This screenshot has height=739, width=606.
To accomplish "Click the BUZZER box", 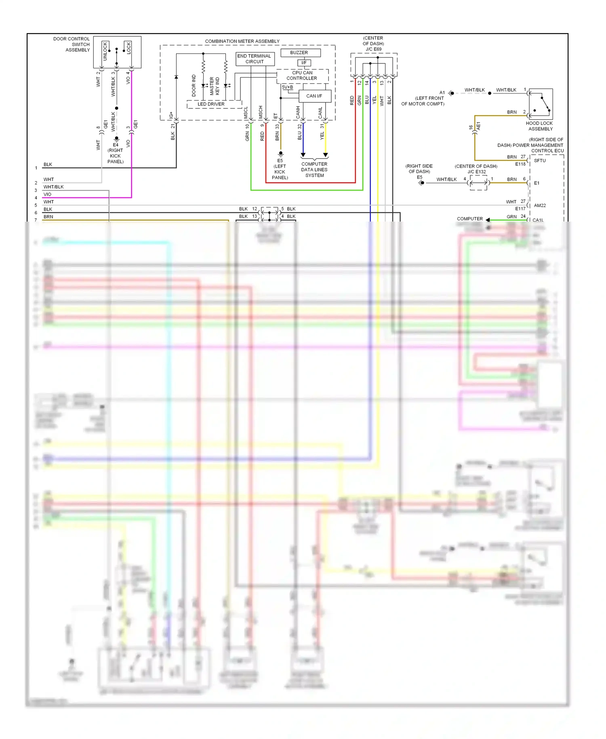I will click(299, 53).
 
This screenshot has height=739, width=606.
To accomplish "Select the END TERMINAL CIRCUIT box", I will click(255, 59).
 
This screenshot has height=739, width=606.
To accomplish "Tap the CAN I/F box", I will click(314, 96).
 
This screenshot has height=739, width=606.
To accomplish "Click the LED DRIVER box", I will click(211, 104).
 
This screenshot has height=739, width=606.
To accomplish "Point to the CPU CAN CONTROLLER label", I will click(302, 76).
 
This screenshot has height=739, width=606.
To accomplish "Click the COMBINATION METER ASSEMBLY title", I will click(242, 41).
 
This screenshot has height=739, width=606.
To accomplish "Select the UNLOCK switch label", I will click(105, 51).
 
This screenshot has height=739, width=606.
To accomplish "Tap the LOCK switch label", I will click(128, 48).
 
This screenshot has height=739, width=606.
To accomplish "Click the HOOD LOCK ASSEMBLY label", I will click(540, 126).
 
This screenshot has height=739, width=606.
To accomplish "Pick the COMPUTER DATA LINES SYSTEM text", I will click(314, 170).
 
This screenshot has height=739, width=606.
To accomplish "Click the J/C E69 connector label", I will click(373, 49).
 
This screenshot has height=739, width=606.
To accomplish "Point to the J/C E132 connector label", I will click(477, 172).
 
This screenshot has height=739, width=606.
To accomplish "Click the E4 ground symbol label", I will click(116, 145).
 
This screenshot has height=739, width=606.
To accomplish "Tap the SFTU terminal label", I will click(540, 160).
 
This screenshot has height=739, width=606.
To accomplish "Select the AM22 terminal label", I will click(540, 205).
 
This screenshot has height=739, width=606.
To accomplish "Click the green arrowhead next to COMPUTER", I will click(488, 220).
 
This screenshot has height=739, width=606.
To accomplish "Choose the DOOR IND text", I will click(194, 85).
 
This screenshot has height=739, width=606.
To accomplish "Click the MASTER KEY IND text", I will click(215, 86).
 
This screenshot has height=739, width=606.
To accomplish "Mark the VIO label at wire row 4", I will click(47, 194).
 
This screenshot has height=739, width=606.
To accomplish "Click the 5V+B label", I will click(287, 87).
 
